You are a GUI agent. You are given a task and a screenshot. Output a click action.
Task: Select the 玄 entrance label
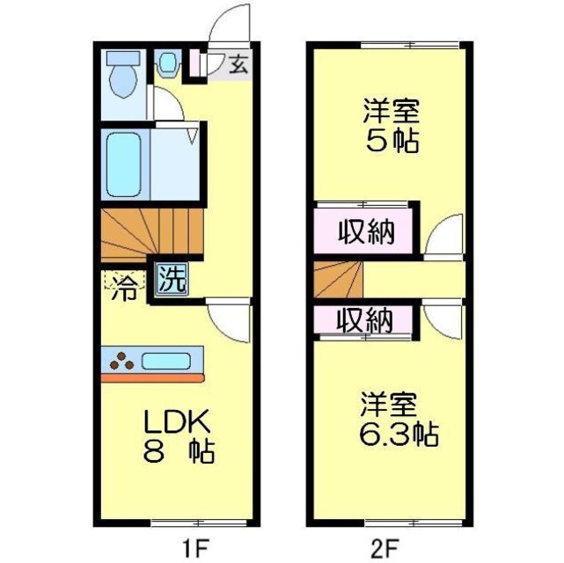238,63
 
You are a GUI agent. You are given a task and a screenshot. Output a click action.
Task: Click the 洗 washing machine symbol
172,279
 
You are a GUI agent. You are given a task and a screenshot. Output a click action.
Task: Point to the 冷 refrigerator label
123,287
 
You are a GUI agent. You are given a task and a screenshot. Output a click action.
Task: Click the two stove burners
121,359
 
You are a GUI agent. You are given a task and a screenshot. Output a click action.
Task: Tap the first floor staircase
150,232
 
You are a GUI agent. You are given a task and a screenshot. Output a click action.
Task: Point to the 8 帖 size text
179,453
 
